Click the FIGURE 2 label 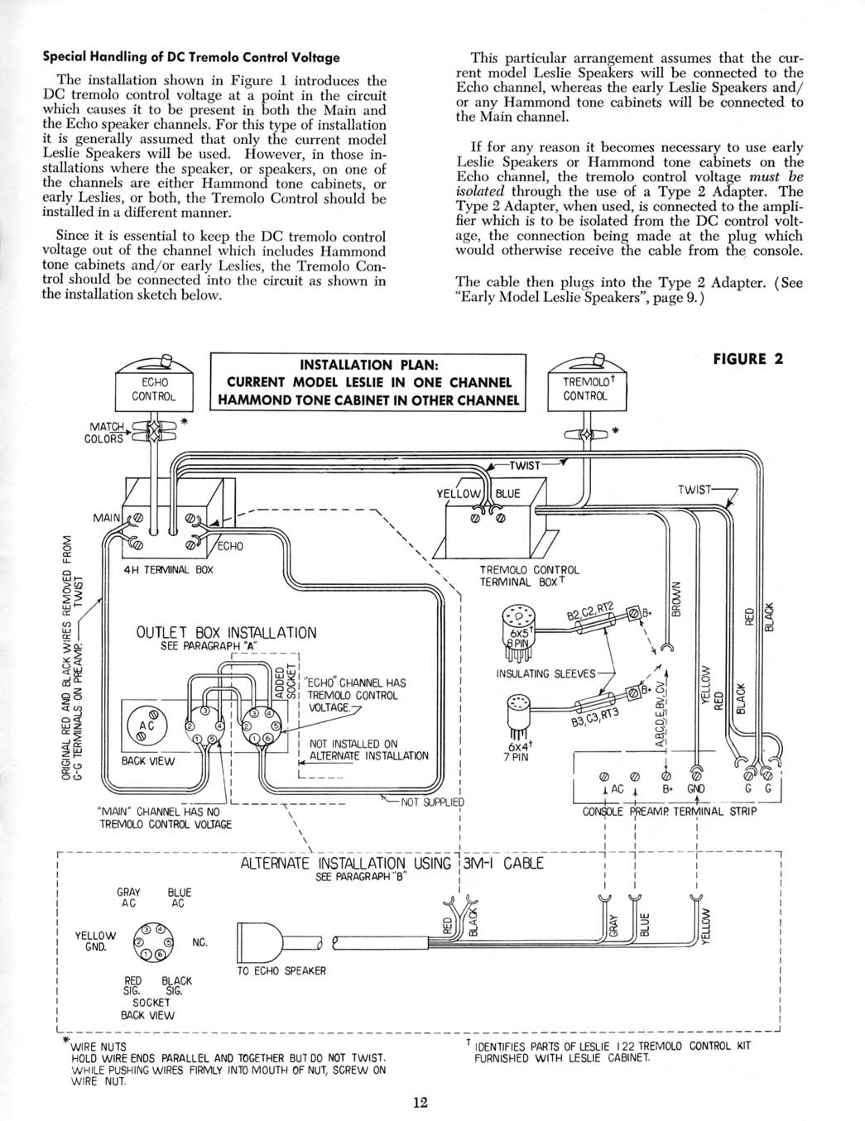[x=747, y=359]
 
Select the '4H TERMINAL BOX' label [x=168, y=570]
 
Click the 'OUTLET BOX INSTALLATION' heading [x=226, y=632]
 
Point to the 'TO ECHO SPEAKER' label [x=281, y=971]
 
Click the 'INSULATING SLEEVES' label [x=545, y=673]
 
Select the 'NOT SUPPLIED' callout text [x=432, y=802]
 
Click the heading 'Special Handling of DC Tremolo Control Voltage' [x=191, y=57]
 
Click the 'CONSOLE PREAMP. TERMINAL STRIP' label [x=670, y=812]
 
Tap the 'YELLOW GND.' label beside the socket [x=95, y=941]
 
